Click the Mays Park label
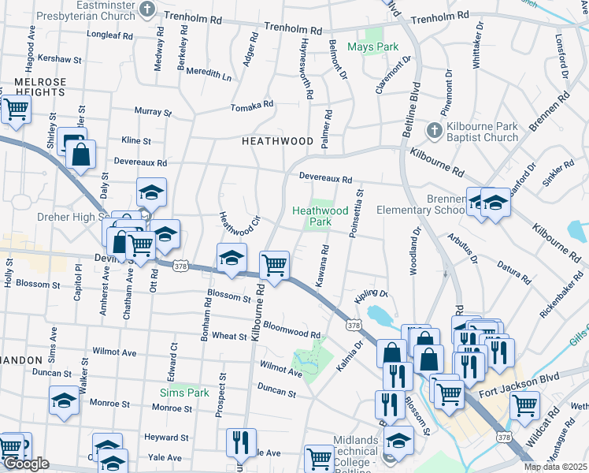point(374,47)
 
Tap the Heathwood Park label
point(320,216)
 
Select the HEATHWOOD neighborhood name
point(277,141)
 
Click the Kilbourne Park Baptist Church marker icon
point(433,129)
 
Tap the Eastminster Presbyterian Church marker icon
point(147,9)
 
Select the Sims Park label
point(183,393)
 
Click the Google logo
point(26,464)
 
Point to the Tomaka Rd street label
point(251,105)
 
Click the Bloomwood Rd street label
point(291,329)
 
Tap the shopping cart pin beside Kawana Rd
point(274,266)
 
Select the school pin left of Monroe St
point(64,401)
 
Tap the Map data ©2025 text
point(555,467)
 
